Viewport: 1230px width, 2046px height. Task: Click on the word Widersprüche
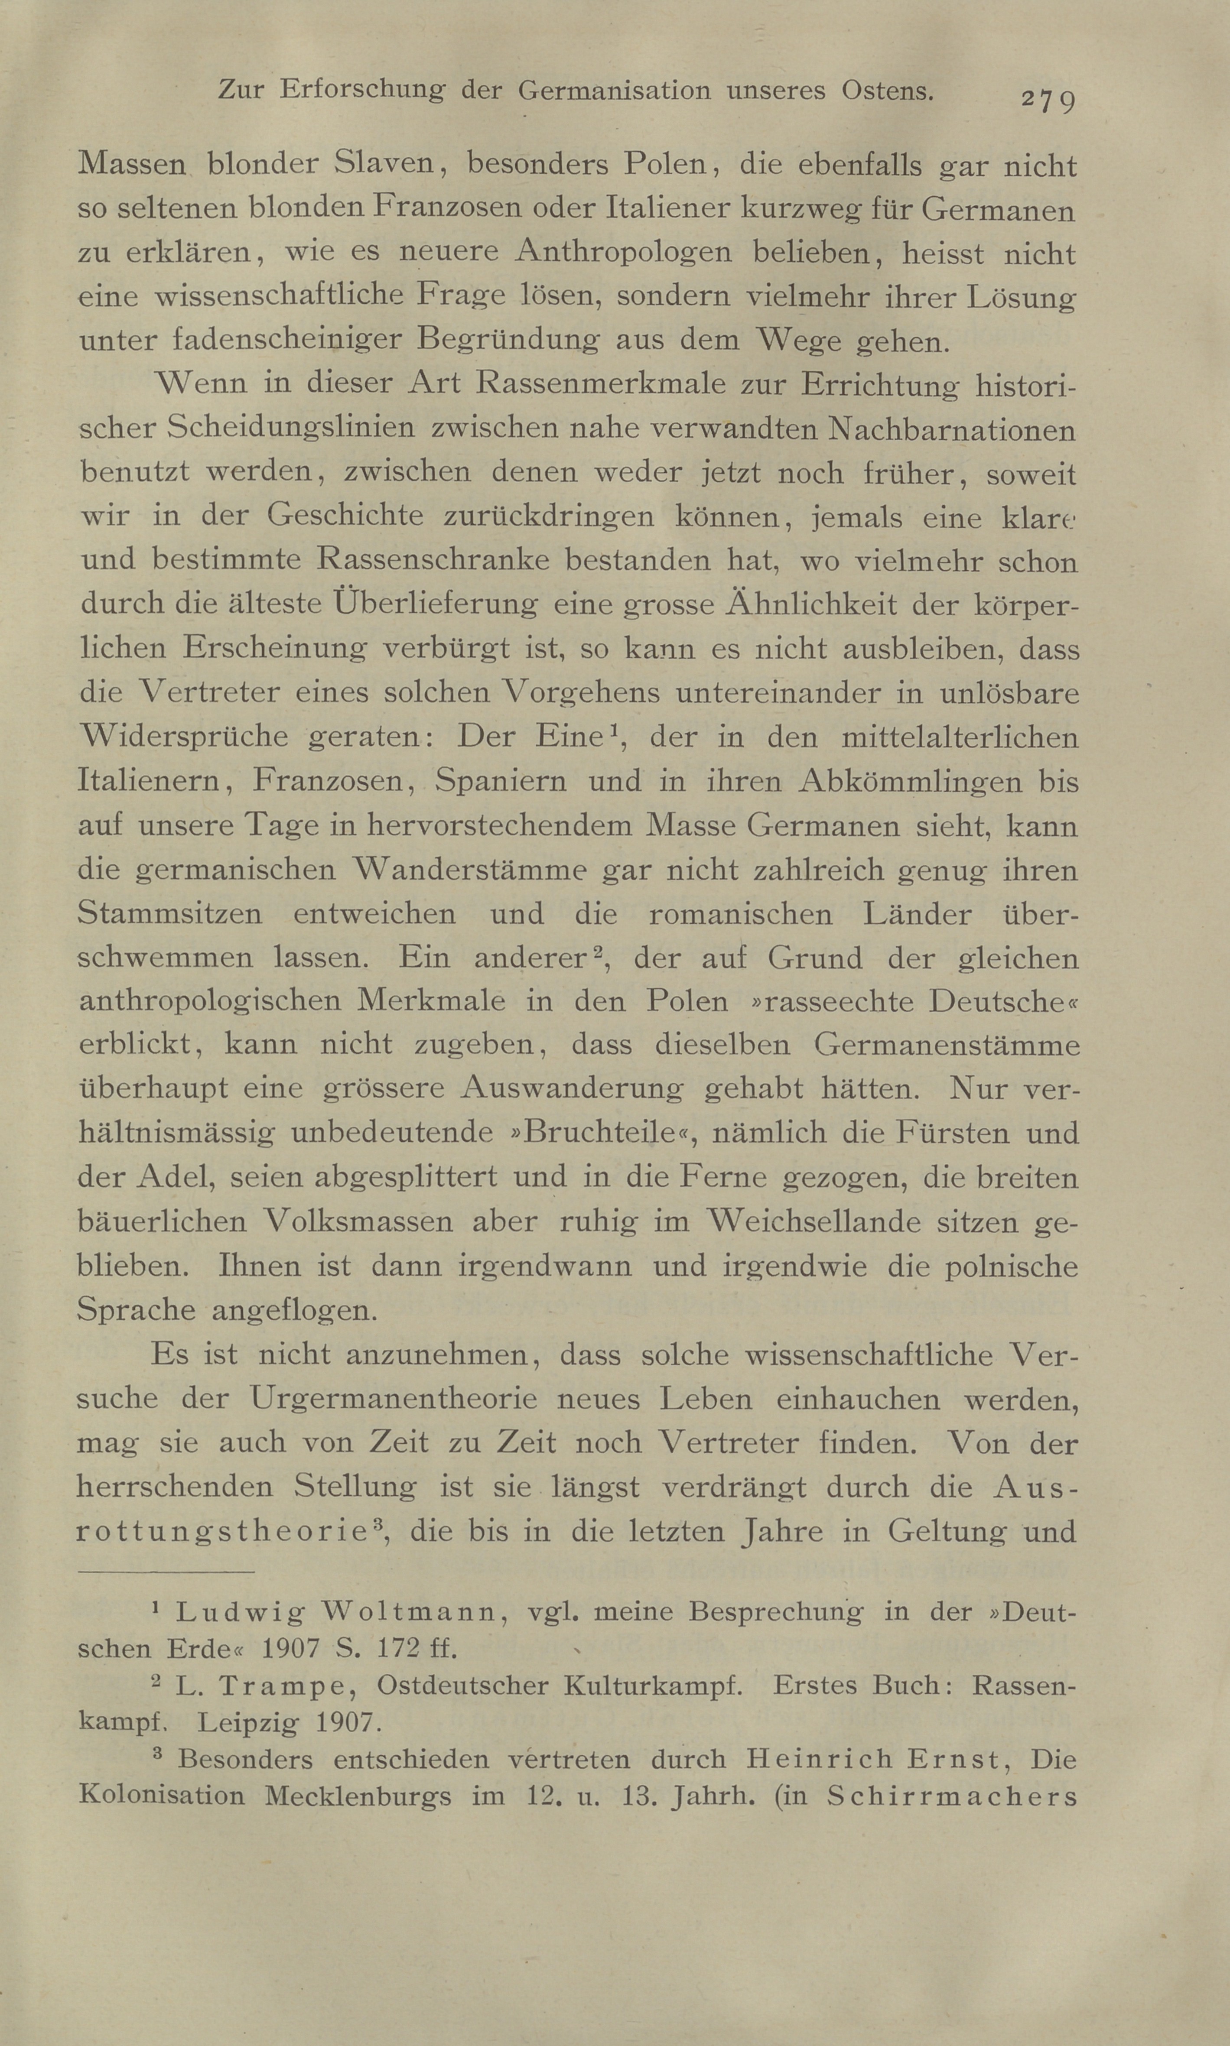tap(183, 736)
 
